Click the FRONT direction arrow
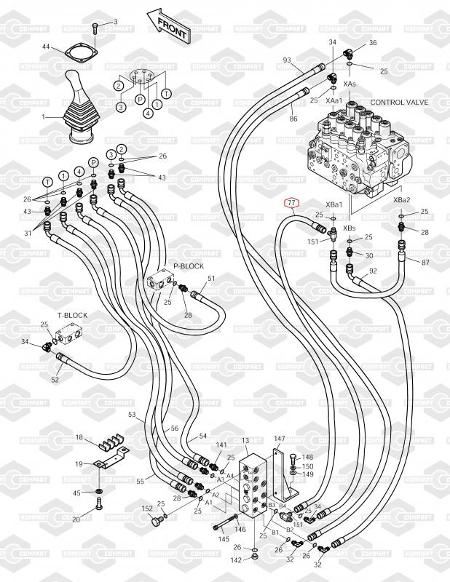click(x=168, y=25)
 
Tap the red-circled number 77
click(x=291, y=203)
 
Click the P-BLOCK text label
click(x=189, y=266)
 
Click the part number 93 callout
click(x=287, y=60)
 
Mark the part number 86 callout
click(x=293, y=118)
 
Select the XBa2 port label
click(x=402, y=200)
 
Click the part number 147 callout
click(x=280, y=439)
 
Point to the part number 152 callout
click(x=146, y=509)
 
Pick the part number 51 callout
click(x=212, y=278)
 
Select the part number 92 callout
click(x=373, y=271)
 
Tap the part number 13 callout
click(x=245, y=441)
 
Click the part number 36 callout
click(x=373, y=43)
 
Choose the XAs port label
click(x=350, y=84)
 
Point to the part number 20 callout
click(x=76, y=519)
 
